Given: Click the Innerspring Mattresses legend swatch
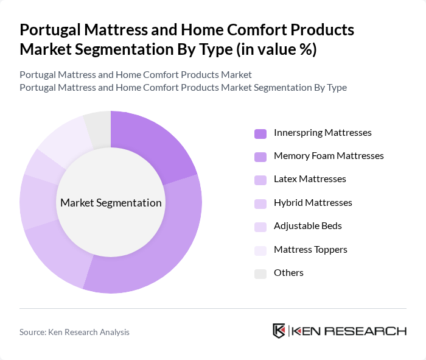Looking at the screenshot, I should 260,133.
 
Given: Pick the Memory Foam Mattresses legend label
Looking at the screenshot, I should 329,156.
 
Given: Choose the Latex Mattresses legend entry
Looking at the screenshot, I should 310,179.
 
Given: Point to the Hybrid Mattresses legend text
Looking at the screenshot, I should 313,203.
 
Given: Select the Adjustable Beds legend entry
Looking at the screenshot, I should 307,226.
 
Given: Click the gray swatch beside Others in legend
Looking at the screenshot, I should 260,273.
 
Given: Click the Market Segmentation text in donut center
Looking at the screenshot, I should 111,203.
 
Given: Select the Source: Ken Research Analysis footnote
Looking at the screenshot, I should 74,332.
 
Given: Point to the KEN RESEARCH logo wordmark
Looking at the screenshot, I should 349,331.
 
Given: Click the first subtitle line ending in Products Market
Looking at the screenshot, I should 135,75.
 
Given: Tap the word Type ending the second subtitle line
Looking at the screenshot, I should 337,87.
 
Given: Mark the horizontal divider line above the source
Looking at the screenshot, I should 213,308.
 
